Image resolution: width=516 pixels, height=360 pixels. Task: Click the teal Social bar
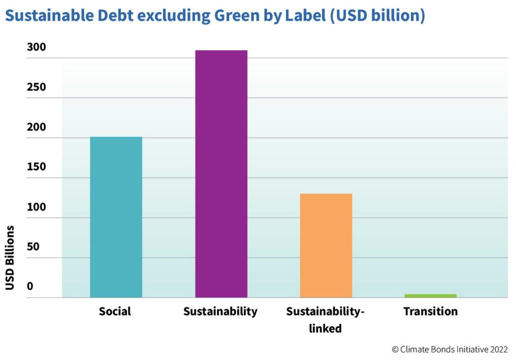click(116, 217)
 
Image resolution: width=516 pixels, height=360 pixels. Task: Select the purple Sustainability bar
click(221, 174)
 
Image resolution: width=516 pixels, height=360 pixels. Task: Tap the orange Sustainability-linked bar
click(326, 245)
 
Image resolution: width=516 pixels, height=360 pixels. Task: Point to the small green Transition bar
click(430, 296)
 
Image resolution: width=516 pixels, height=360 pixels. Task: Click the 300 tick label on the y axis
click(36, 47)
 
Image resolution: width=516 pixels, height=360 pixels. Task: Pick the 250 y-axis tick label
click(36, 87)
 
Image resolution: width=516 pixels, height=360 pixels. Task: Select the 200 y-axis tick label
click(36, 127)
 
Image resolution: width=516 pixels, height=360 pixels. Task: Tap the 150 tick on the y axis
click(36, 167)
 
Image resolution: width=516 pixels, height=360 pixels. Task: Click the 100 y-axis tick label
click(36, 207)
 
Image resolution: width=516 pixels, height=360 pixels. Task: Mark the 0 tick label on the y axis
click(30, 286)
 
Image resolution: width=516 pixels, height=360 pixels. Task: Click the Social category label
click(115, 312)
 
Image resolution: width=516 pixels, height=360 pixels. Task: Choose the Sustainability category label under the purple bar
click(220, 312)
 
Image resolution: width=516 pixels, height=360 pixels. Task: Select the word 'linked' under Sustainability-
click(325, 329)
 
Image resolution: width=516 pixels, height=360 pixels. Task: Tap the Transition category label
click(430, 312)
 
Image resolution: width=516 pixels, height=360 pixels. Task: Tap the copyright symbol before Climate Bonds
click(396, 349)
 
